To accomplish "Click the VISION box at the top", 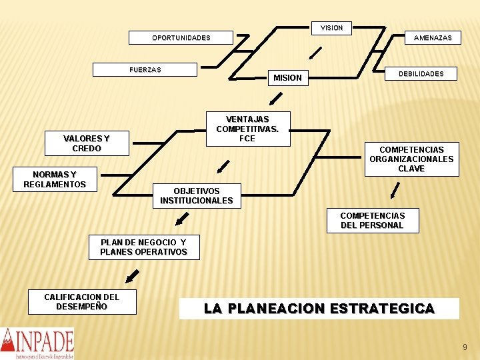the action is click(x=331, y=28).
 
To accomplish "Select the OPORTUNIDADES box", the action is click(x=181, y=38).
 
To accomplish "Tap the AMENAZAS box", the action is click(x=432, y=38).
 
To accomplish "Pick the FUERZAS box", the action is click(x=145, y=69).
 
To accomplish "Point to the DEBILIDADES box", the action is click(x=421, y=73).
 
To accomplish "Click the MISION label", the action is click(x=287, y=78).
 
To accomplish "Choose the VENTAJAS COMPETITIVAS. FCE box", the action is click(x=247, y=129).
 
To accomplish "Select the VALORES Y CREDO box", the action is click(x=86, y=143).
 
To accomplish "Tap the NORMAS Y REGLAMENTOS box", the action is click(x=55, y=179).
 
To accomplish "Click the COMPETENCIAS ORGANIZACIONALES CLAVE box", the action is click(x=411, y=159).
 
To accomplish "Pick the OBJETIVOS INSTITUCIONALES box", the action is click(x=197, y=195).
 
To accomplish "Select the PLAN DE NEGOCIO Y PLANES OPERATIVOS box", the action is click(x=143, y=247).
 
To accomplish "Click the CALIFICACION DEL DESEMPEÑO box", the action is click(x=81, y=301).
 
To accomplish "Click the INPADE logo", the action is click(x=37, y=343).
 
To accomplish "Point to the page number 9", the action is click(x=465, y=347).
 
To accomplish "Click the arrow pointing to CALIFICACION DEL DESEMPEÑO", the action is click(x=132, y=276).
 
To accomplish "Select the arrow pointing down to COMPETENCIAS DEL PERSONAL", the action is click(x=395, y=191).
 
